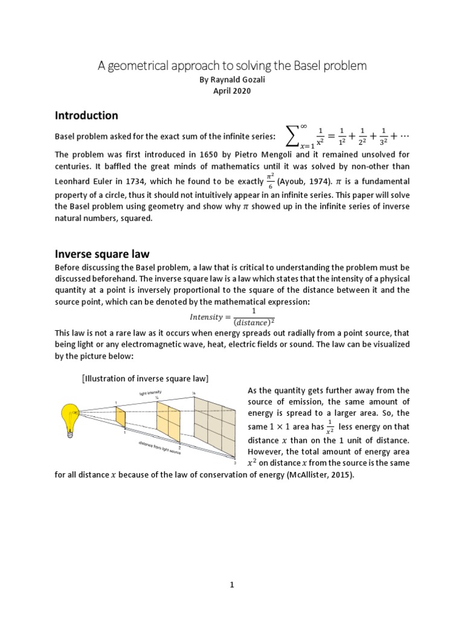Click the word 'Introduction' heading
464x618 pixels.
click(86, 115)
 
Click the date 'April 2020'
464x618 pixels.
click(232, 91)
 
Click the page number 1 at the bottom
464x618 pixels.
click(232, 584)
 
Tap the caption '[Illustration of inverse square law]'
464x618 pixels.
click(145, 378)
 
